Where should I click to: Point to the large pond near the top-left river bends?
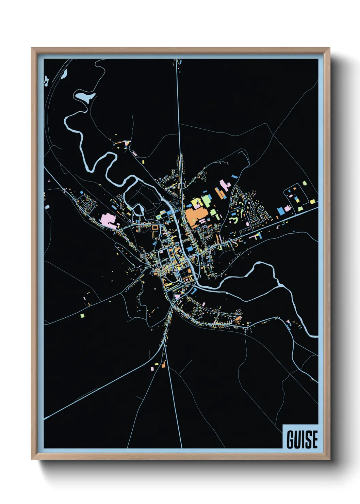click(x=85, y=96)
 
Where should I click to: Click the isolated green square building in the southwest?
click(x=82, y=315)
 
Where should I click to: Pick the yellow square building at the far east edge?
click(x=312, y=202)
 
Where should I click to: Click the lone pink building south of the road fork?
click(x=152, y=368)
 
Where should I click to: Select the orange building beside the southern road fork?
click(x=164, y=365)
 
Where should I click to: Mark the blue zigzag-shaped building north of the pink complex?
click(x=234, y=177)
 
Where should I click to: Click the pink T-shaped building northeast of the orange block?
click(x=224, y=185)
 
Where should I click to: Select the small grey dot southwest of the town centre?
click(x=155, y=289)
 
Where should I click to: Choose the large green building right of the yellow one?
click(x=207, y=201)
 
